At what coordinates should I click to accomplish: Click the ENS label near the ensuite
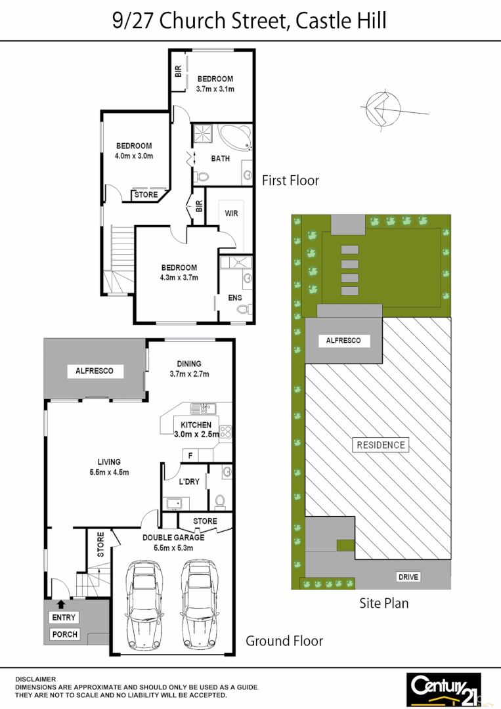pyautogui.click(x=234, y=297)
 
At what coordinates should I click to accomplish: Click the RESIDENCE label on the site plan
pyautogui.click(x=381, y=445)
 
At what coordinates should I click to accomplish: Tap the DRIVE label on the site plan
pyautogui.click(x=408, y=577)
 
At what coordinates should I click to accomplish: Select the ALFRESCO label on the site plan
pyautogui.click(x=343, y=341)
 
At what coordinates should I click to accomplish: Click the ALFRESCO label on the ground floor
pyautogui.click(x=94, y=371)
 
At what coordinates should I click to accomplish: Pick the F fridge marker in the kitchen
pyautogui.click(x=190, y=455)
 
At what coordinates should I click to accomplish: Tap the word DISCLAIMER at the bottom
pyautogui.click(x=35, y=679)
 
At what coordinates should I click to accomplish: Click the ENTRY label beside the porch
pyautogui.click(x=64, y=618)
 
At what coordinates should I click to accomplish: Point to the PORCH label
pyautogui.click(x=64, y=634)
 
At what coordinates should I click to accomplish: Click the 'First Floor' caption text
pyautogui.click(x=290, y=180)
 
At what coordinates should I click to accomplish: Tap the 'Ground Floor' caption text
pyautogui.click(x=284, y=641)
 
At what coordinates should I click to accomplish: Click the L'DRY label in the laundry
pyautogui.click(x=189, y=482)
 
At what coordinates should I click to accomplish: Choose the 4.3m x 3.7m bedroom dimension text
pyautogui.click(x=179, y=277)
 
